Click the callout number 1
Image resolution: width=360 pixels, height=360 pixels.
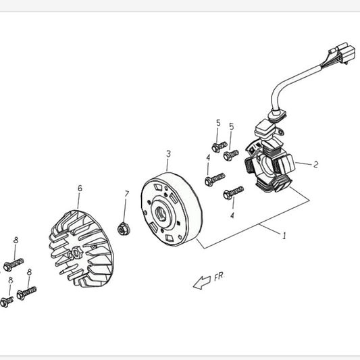(284, 236)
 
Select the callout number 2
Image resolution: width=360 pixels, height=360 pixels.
(316, 164)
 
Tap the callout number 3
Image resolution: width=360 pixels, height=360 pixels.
(169, 154)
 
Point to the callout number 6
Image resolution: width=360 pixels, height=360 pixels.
(80, 188)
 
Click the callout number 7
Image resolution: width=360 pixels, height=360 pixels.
(127, 194)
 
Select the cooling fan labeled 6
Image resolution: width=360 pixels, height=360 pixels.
(81, 249)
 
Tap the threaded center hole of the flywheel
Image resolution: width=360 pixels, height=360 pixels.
(161, 213)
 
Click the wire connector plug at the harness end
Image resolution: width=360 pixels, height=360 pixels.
(342, 53)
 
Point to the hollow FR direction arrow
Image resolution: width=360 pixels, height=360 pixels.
(201, 282)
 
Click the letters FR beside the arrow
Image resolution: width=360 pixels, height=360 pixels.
(220, 276)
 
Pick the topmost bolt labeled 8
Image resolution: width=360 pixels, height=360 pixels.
(14, 264)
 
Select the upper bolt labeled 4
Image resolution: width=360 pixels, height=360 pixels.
(215, 180)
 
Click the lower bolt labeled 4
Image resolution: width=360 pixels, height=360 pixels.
(233, 193)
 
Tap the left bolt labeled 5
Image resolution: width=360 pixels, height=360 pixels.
(220, 147)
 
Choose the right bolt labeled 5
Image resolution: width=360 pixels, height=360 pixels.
(231, 155)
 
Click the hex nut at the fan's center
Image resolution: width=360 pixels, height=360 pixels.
(76, 252)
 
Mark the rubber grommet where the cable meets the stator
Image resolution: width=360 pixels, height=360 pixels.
(278, 115)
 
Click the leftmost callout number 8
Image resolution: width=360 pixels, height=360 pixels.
(11, 280)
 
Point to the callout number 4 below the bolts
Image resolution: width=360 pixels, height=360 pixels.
(232, 215)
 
